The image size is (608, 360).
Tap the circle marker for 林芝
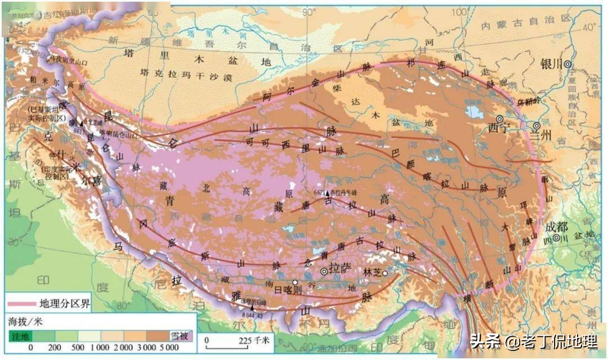point(385,273)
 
